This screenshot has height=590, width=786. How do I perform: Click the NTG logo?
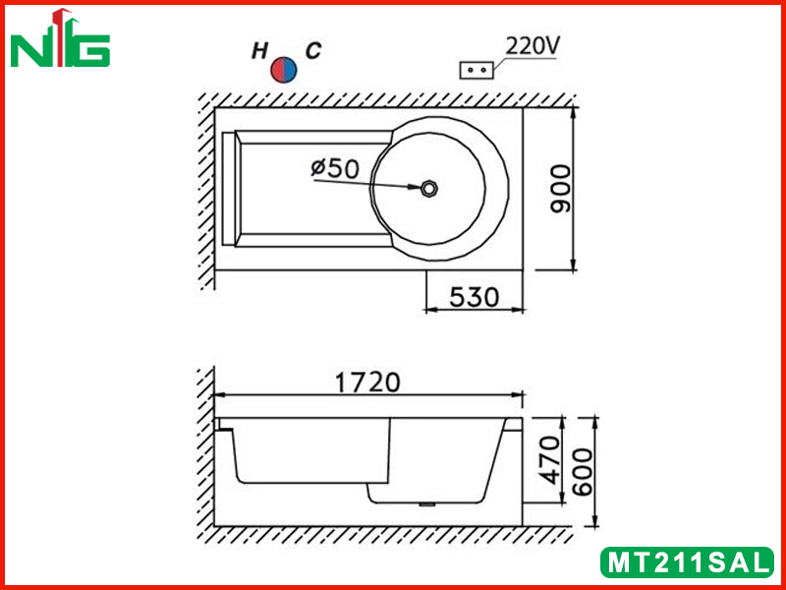tap(60, 38)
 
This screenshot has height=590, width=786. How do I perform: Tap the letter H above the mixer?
tap(259, 51)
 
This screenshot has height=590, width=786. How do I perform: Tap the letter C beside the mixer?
tap(313, 51)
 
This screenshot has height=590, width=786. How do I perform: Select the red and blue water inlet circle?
tap(284, 70)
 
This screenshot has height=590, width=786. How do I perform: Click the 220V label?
tap(532, 46)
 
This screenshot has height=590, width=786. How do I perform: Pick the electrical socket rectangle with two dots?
tap(477, 70)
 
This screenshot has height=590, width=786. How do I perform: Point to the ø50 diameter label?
tap(335, 168)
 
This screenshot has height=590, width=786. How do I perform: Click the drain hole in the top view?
tap(429, 189)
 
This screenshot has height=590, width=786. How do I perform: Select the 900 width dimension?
tap(560, 189)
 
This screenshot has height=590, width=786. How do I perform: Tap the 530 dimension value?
tap(475, 297)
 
